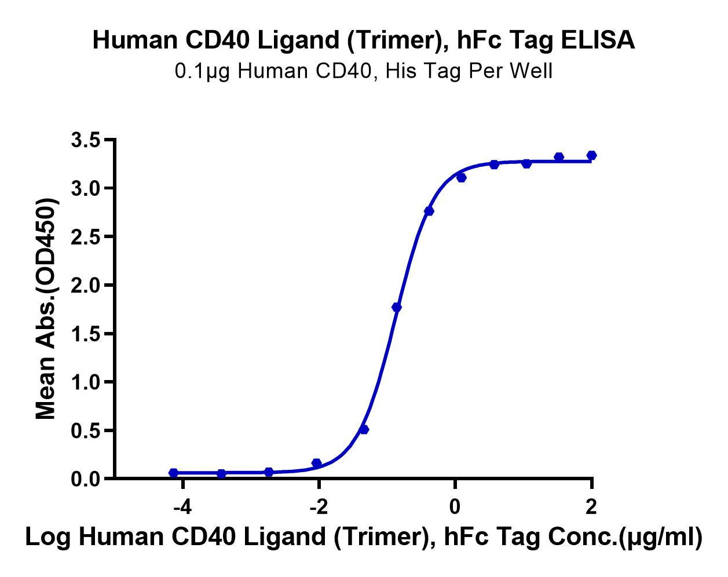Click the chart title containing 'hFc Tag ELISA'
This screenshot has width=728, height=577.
click(364, 41)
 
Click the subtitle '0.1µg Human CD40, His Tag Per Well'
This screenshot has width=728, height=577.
click(364, 71)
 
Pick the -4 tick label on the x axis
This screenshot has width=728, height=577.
click(182, 507)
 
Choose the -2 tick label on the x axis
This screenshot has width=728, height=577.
click(318, 507)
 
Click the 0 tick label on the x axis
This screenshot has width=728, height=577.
click(455, 507)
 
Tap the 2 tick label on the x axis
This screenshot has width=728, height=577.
click(591, 507)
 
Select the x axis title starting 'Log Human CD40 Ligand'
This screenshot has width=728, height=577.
click(364, 538)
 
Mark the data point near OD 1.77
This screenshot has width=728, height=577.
click(396, 307)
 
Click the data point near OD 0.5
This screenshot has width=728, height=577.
click(364, 429)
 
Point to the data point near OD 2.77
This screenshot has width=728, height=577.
click(429, 211)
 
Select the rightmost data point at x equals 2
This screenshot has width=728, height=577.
click(591, 155)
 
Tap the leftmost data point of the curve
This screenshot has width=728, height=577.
click(173, 473)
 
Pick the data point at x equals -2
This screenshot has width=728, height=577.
click(316, 463)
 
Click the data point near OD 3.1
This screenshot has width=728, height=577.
click(461, 177)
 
